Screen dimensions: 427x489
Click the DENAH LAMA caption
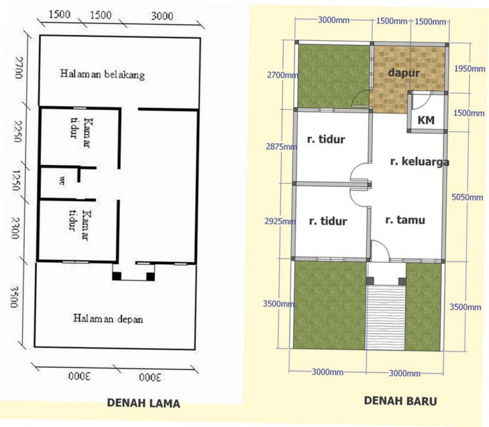tap(144, 403)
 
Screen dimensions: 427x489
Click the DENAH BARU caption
tap(400, 401)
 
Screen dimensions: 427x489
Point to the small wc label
tap(62, 181)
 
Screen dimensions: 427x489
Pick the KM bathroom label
tap(426, 121)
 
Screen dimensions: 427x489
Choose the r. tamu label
tap(405, 220)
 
